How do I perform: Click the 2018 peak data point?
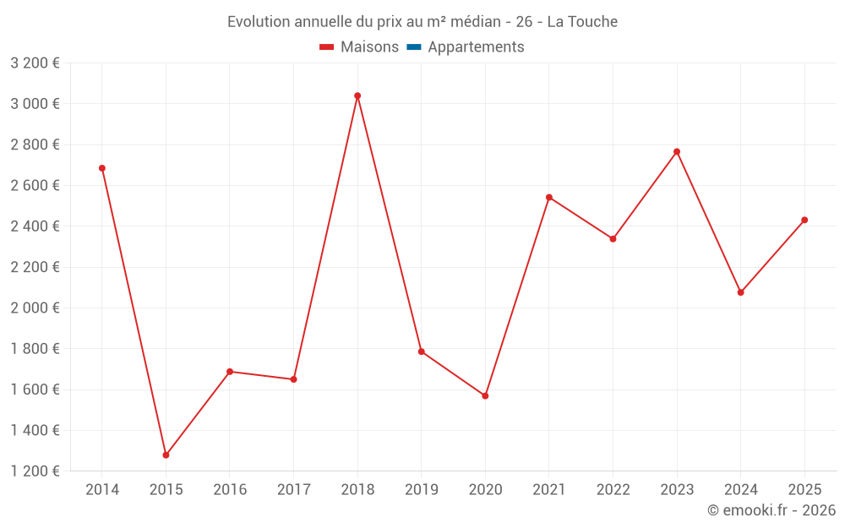pos(357,95)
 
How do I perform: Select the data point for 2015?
pos(166,455)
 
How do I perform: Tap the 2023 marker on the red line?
pos(677,152)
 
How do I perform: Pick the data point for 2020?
pos(485,395)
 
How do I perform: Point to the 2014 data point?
pos(102,168)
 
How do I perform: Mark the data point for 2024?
pos(741,292)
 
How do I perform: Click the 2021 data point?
pos(549,198)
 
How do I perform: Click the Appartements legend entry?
pos(476,47)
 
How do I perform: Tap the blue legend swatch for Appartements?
pos(414,47)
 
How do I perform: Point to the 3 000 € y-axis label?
pos(35,104)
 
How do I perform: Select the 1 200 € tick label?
pos(35,471)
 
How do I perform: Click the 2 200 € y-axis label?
pos(35,267)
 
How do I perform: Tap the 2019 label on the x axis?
pos(421,490)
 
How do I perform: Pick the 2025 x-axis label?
pos(804,490)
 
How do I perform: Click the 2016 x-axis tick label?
pos(230,490)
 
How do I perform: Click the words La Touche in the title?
pos(582,21)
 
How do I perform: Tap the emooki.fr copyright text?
pos(771,510)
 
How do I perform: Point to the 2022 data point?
pos(613,239)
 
